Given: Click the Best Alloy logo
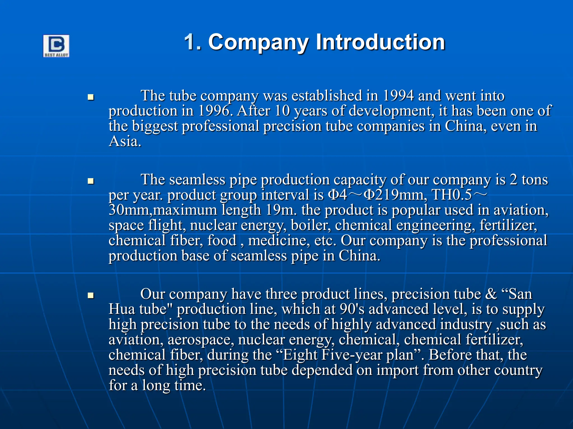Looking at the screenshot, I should [56, 46].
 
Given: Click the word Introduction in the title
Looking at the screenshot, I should [380, 42].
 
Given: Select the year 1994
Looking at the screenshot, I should [398, 96].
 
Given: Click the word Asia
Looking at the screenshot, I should [125, 141].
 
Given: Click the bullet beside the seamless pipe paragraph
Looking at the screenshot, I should [91, 181].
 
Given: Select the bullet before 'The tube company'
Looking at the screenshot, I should [91, 97].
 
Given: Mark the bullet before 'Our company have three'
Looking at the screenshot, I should [91, 295].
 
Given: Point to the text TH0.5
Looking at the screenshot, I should [452, 195].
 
